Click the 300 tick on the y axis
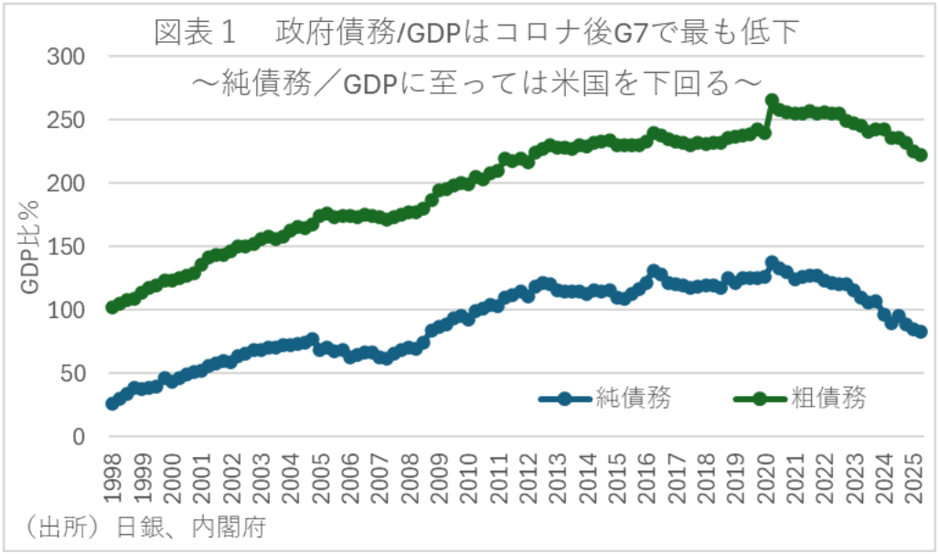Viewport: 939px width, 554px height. coord(66,57)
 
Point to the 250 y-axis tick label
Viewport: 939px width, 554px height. coord(66,120)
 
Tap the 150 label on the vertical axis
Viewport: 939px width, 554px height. coord(66,247)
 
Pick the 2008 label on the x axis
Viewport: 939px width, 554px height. coord(410,479)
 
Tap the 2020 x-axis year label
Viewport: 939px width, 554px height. coord(769,479)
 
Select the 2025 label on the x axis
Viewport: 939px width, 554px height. coord(918,479)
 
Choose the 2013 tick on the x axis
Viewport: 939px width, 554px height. coord(560,479)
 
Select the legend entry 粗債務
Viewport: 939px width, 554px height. coord(828,398)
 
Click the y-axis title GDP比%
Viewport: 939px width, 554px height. coord(30,247)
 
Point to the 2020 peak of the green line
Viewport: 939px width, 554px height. coord(772,101)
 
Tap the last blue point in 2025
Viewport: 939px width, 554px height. coord(921,332)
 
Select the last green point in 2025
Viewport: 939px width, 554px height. coord(921,155)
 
